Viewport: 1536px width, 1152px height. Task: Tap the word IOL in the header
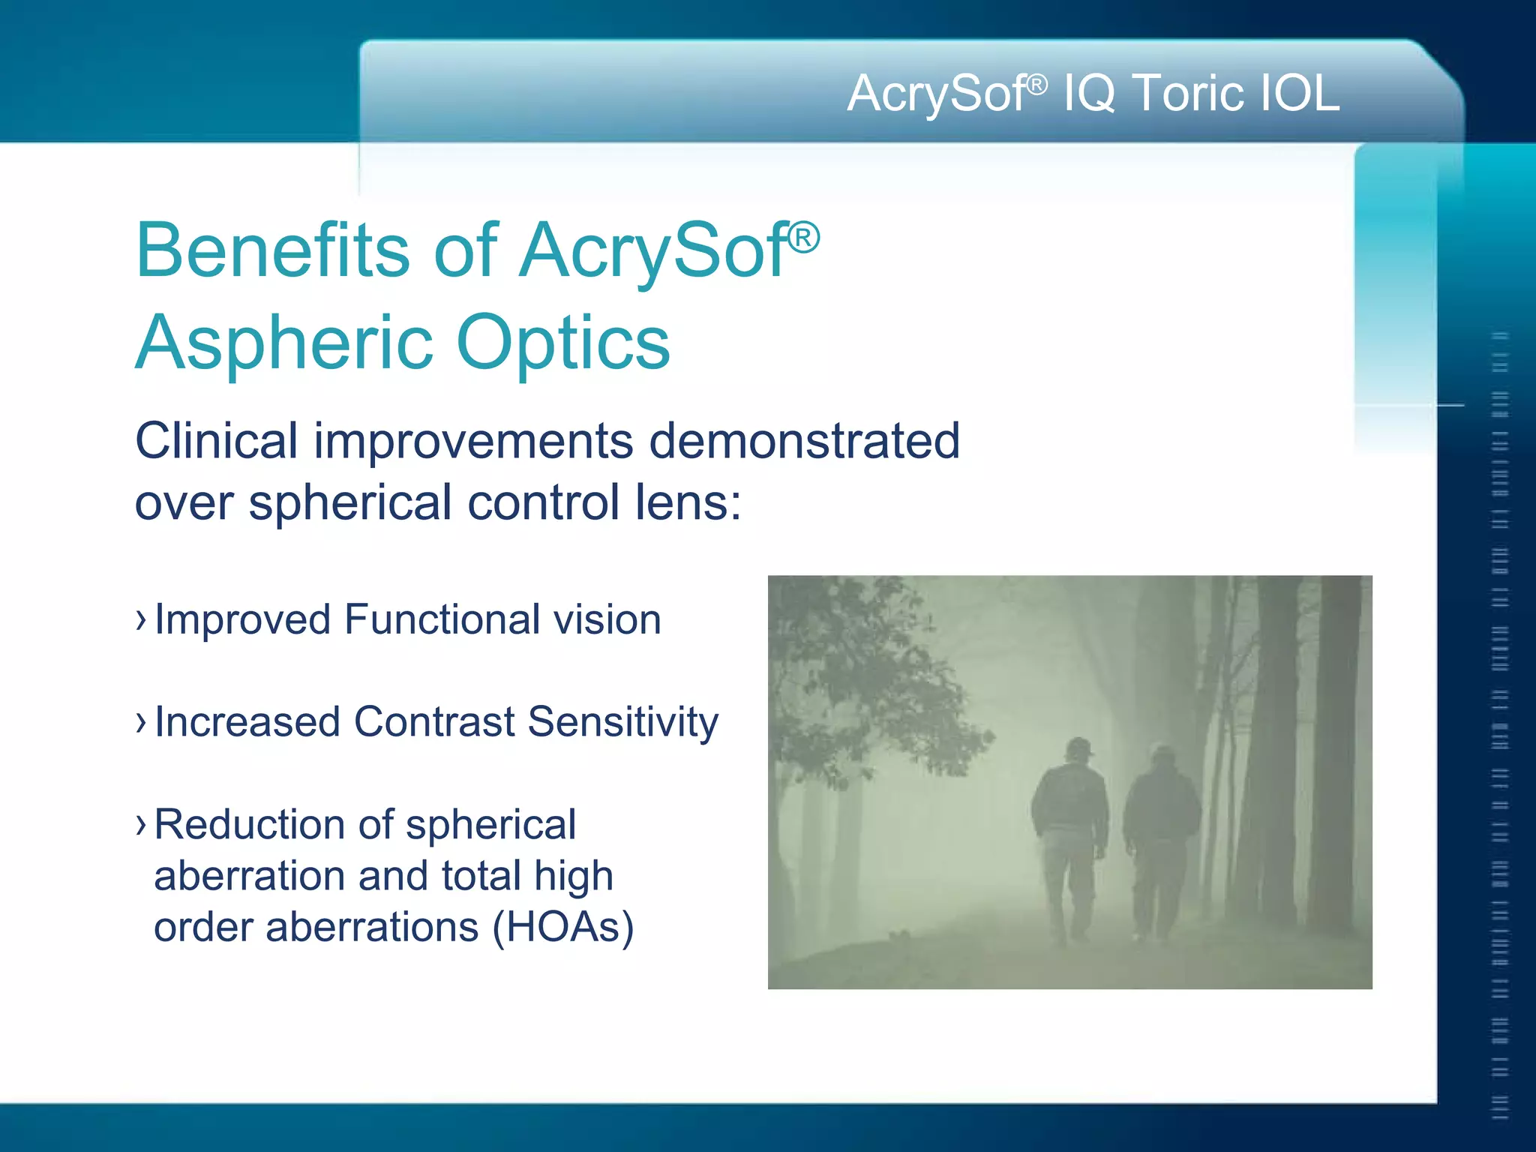pyautogui.click(x=1300, y=94)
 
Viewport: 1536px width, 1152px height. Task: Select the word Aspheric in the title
pyautogui.click(x=283, y=343)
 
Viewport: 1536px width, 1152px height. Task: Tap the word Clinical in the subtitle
pyautogui.click(x=216, y=441)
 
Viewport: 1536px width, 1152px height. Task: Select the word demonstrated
pyautogui.click(x=804, y=441)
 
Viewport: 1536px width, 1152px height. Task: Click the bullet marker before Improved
pyautogui.click(x=140, y=620)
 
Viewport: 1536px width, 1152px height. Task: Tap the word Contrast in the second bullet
pyautogui.click(x=434, y=721)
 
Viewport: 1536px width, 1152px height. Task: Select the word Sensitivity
pyautogui.click(x=622, y=723)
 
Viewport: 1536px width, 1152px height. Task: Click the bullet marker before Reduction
pyautogui.click(x=140, y=824)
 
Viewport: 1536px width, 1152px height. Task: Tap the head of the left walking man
pyautogui.click(x=1078, y=748)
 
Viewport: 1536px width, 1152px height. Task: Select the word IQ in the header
pyautogui.click(x=1090, y=95)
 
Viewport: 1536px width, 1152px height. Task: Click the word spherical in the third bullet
pyautogui.click(x=490, y=825)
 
